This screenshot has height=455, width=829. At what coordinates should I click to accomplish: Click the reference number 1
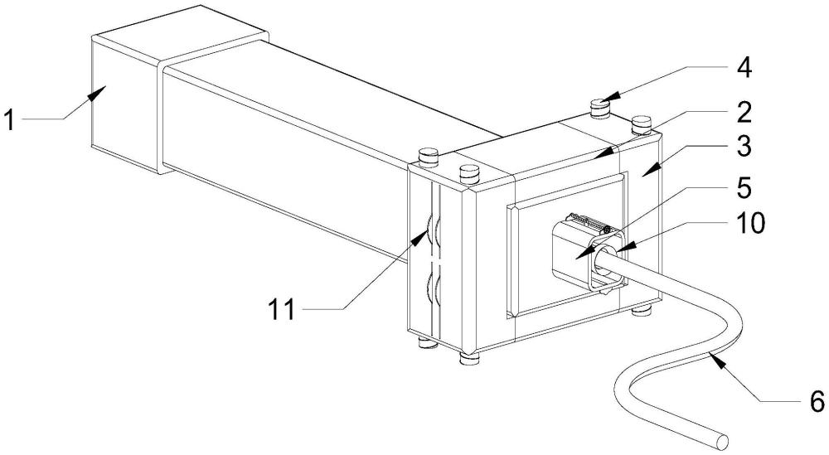click(10, 120)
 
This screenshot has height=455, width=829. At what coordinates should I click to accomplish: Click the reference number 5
click(744, 186)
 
